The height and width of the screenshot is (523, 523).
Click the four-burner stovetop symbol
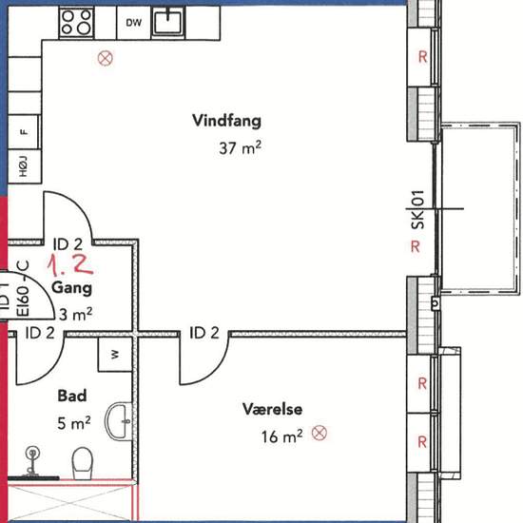pyautogui.click(x=76, y=23)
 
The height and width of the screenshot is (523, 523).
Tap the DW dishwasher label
pyautogui.click(x=134, y=23)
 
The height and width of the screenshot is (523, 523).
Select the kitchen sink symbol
pyautogui.click(x=167, y=22)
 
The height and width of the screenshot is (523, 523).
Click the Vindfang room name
pyautogui.click(x=227, y=121)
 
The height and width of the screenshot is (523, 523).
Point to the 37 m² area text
pyautogui.click(x=241, y=147)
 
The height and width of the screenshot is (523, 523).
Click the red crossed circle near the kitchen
pyautogui.click(x=106, y=58)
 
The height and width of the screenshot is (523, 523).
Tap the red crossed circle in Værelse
pyautogui.click(x=320, y=433)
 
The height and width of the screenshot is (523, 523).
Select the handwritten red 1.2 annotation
pyautogui.click(x=70, y=265)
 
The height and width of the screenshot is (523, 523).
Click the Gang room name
pyautogui.click(x=72, y=288)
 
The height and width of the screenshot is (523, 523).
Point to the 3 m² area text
pyautogui.click(x=76, y=314)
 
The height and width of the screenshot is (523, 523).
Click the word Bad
pyautogui.click(x=72, y=396)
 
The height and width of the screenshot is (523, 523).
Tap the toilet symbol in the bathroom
pyautogui.click(x=83, y=464)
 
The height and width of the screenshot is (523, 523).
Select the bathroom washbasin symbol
pyautogui.click(x=120, y=421)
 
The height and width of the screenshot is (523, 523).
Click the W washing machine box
pyautogui.click(x=115, y=355)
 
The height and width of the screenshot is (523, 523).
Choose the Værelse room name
pyautogui.click(x=273, y=409)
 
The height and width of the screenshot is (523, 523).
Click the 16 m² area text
pyautogui.click(x=282, y=436)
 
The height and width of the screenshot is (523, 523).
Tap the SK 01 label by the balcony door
pyautogui.click(x=418, y=210)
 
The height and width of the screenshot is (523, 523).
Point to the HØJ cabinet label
pyautogui.click(x=23, y=166)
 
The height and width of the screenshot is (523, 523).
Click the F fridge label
pyautogui.click(x=24, y=132)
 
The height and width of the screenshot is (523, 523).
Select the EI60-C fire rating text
pyautogui.click(x=24, y=288)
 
